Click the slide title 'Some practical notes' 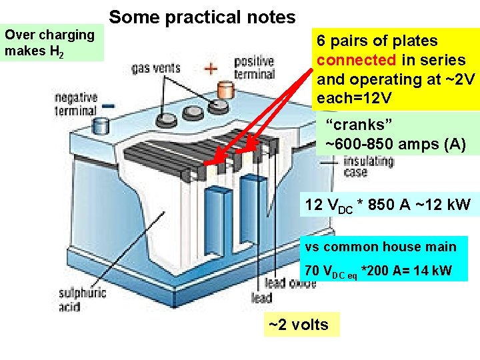[202, 17]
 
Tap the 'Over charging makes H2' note [49, 43]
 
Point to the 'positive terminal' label [254, 68]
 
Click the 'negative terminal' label [75, 104]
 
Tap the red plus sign [211, 69]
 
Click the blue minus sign [108, 106]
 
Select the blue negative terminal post [101, 125]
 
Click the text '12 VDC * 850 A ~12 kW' [387, 205]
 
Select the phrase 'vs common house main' [381, 247]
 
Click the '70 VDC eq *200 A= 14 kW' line [378, 271]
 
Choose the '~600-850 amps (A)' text [395, 143]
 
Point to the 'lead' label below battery [261, 299]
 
